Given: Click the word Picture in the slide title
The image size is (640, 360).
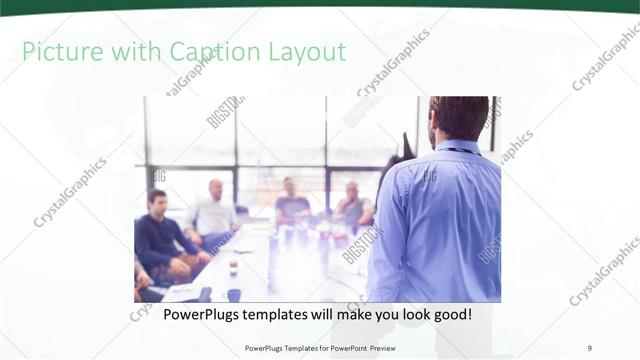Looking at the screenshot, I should [58, 52].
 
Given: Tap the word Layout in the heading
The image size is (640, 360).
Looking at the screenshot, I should [304, 52].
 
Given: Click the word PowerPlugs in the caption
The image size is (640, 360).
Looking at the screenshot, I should [178, 314].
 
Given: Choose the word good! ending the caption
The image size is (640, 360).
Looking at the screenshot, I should [450, 314].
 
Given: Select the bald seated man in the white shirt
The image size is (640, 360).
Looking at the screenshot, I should [213, 210].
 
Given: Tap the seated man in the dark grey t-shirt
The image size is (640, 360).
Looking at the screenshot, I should [291, 205].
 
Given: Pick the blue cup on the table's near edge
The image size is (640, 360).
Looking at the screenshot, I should [234, 294].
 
